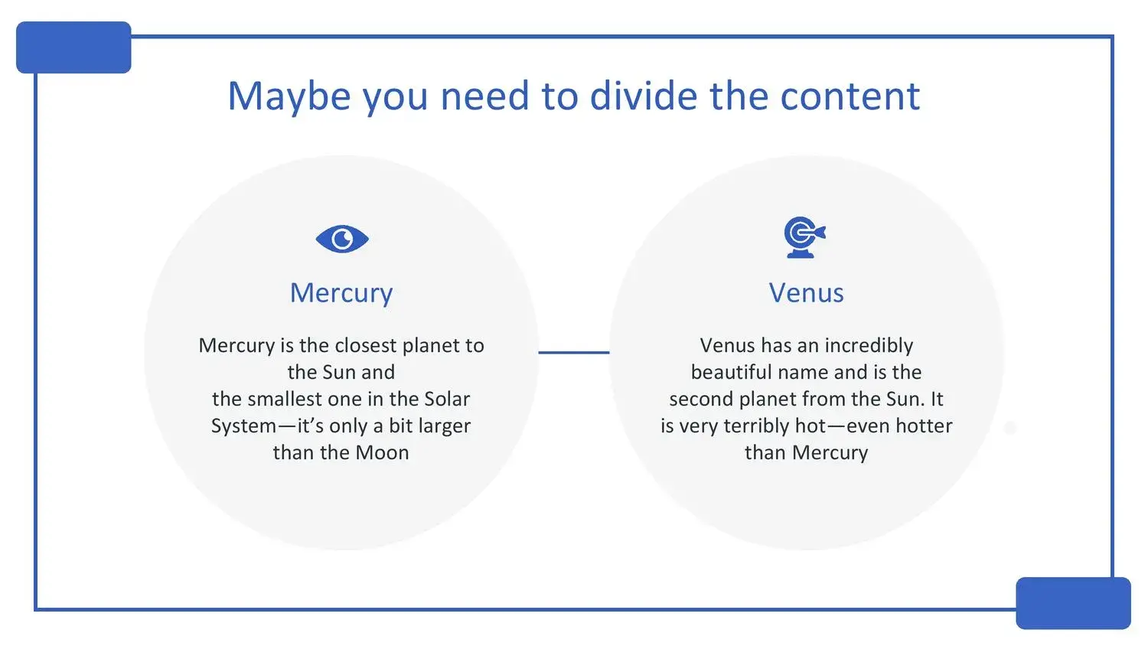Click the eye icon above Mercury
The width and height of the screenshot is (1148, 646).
pos(342,239)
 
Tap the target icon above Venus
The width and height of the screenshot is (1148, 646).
pos(804,237)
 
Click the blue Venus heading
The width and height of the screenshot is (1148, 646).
pos(806,293)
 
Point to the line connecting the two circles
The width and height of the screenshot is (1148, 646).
pos(574,352)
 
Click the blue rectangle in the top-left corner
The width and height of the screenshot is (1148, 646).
pos(73,47)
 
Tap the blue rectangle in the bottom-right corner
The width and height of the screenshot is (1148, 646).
pos(1073,603)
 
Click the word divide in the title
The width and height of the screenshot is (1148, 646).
pos(644,96)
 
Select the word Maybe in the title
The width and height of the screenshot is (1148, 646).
pos(289,96)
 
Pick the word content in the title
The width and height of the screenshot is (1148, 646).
pos(850,96)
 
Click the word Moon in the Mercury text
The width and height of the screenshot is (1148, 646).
pos(383,452)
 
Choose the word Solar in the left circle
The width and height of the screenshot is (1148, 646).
pos(447,399)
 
